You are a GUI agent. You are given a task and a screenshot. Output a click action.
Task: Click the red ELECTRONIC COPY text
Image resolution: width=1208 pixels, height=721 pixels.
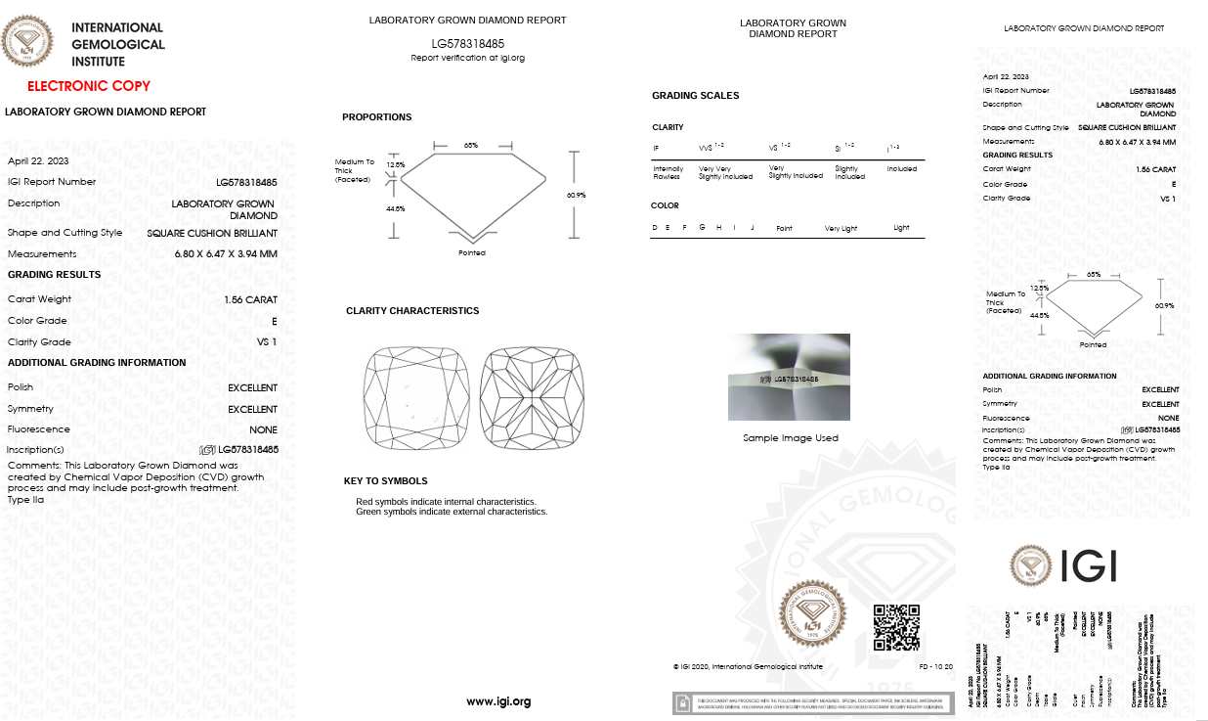(x=89, y=86)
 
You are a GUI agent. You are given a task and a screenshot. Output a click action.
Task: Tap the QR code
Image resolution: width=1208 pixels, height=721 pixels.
(x=895, y=627)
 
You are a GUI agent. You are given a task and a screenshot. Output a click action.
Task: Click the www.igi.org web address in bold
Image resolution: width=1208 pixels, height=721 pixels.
(x=498, y=700)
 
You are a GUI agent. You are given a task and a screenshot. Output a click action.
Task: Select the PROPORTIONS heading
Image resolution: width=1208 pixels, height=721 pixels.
(x=376, y=117)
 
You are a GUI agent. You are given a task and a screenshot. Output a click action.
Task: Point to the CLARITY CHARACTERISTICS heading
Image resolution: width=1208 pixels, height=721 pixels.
(x=412, y=311)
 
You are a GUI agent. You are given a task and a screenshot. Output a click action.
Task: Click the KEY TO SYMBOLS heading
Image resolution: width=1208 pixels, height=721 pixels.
(x=385, y=481)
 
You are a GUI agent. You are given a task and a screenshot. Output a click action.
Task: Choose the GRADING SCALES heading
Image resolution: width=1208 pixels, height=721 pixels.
(x=695, y=96)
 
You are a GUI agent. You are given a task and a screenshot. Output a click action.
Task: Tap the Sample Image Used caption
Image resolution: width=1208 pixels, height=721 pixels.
(x=790, y=438)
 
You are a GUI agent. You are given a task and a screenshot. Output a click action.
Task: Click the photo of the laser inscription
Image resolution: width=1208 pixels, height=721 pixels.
(x=789, y=377)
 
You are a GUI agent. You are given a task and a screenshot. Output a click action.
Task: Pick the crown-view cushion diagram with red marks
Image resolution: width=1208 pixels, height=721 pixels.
(x=416, y=399)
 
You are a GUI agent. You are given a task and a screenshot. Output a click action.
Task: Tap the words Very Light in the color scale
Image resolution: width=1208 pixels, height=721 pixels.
(x=841, y=228)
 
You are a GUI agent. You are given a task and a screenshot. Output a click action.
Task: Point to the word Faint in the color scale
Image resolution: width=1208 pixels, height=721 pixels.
(x=784, y=228)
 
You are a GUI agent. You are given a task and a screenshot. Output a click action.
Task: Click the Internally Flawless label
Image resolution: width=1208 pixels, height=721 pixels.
(x=669, y=173)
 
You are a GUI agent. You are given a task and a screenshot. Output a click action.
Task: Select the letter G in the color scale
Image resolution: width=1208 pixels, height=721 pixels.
(x=702, y=227)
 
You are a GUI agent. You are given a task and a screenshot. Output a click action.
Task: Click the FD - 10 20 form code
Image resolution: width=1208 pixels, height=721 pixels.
(x=935, y=667)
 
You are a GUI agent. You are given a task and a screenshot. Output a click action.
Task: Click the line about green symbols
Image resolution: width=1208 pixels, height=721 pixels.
(x=451, y=512)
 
